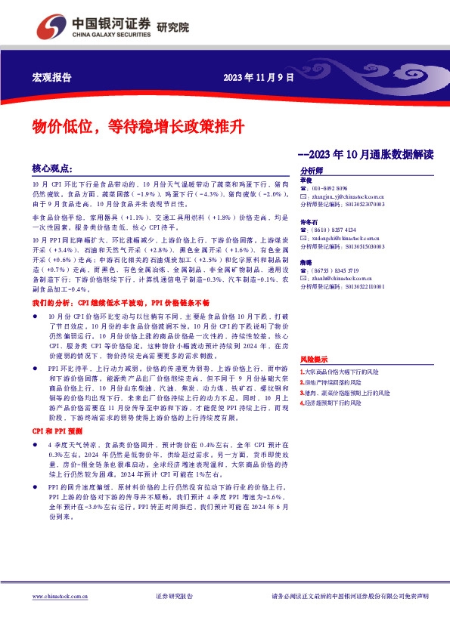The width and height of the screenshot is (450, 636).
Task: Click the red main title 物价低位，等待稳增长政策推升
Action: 137,125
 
